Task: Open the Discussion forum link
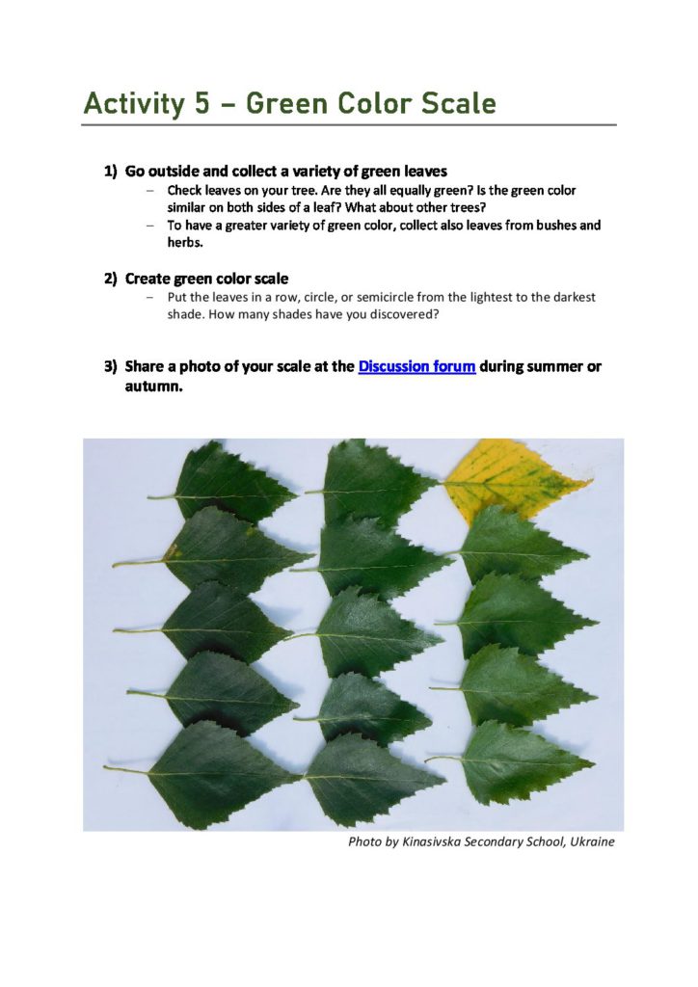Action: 416,366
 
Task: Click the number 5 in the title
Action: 201,103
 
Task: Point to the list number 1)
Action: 111,172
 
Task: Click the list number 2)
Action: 111,279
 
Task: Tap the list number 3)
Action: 111,366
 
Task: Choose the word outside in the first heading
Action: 167,172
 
